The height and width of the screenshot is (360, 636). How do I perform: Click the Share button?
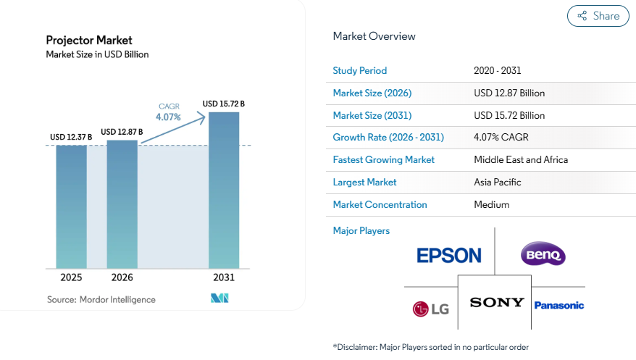pos(598,16)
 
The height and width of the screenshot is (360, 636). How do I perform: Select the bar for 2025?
pos(72,206)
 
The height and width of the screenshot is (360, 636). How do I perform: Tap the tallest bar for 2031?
pos(224,190)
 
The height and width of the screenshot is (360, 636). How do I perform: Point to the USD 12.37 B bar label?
pos(71,138)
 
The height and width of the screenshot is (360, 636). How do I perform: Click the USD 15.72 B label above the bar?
pos(223,104)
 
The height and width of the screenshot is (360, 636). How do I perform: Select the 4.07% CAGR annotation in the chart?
pos(168,116)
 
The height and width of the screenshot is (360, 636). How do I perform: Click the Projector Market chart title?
pos(89,40)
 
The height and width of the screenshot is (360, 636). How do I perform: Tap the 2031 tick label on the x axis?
pos(224,277)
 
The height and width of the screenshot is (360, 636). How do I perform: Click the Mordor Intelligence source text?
pos(101,299)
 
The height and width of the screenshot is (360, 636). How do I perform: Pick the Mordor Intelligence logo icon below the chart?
pos(219,298)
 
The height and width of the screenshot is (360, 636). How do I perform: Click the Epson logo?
pos(449,255)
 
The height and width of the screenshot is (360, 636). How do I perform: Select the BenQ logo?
pos(543,254)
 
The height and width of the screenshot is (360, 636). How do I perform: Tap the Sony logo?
pos(496,302)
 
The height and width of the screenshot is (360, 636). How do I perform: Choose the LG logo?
pos(431,309)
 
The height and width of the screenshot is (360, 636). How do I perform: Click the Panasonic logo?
pos(558,306)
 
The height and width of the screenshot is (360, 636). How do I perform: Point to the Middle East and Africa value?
pos(521,159)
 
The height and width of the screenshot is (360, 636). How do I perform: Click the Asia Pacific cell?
pos(498,182)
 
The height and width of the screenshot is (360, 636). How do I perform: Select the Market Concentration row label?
pos(380,204)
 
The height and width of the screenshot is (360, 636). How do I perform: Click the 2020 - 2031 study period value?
pos(498,70)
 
